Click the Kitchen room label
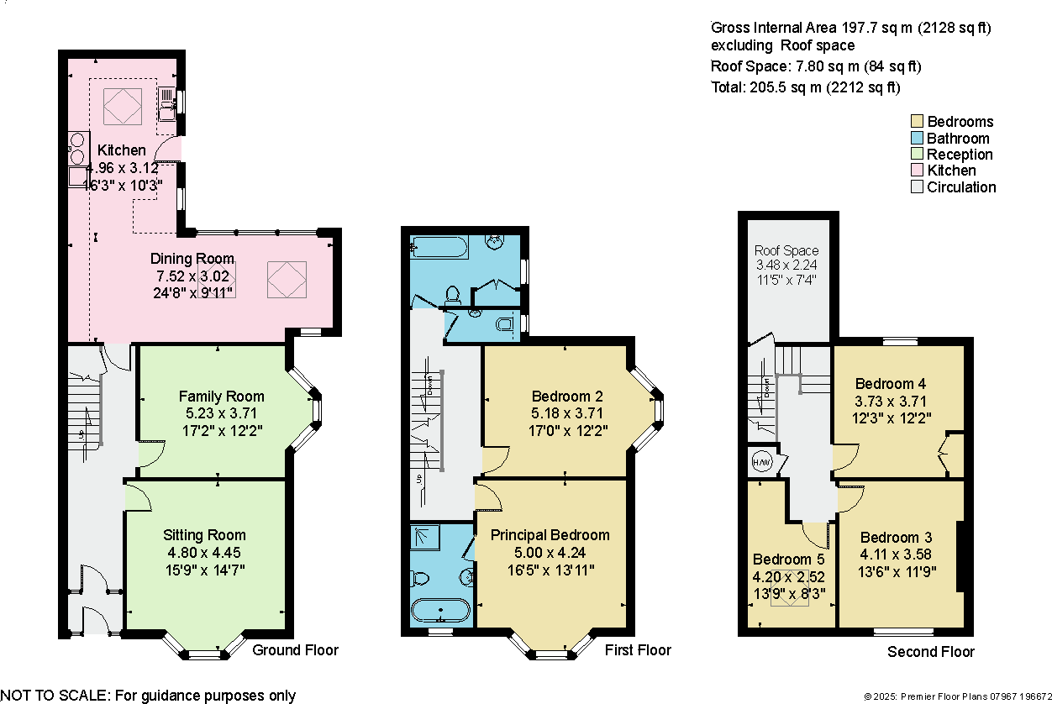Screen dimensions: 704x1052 coord(122,150)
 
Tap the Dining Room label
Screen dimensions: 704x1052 coord(192,258)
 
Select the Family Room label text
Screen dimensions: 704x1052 coord(221,396)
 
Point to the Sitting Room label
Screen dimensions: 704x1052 coord(204,534)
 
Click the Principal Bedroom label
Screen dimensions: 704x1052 coord(550,534)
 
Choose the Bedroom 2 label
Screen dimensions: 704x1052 coord(567,396)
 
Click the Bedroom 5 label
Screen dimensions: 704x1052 coord(788,559)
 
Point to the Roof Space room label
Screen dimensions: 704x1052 coord(786,250)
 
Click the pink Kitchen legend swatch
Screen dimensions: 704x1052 coord(917,171)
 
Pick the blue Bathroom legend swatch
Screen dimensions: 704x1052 coord(917,138)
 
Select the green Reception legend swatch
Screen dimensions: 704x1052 coord(917,155)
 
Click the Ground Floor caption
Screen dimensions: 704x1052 coord(295,649)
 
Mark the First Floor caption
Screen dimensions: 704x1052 coord(638,649)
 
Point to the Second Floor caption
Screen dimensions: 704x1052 coord(931,651)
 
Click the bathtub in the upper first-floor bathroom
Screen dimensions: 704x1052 coord(437,248)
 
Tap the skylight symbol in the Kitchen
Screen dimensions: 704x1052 coord(122,105)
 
